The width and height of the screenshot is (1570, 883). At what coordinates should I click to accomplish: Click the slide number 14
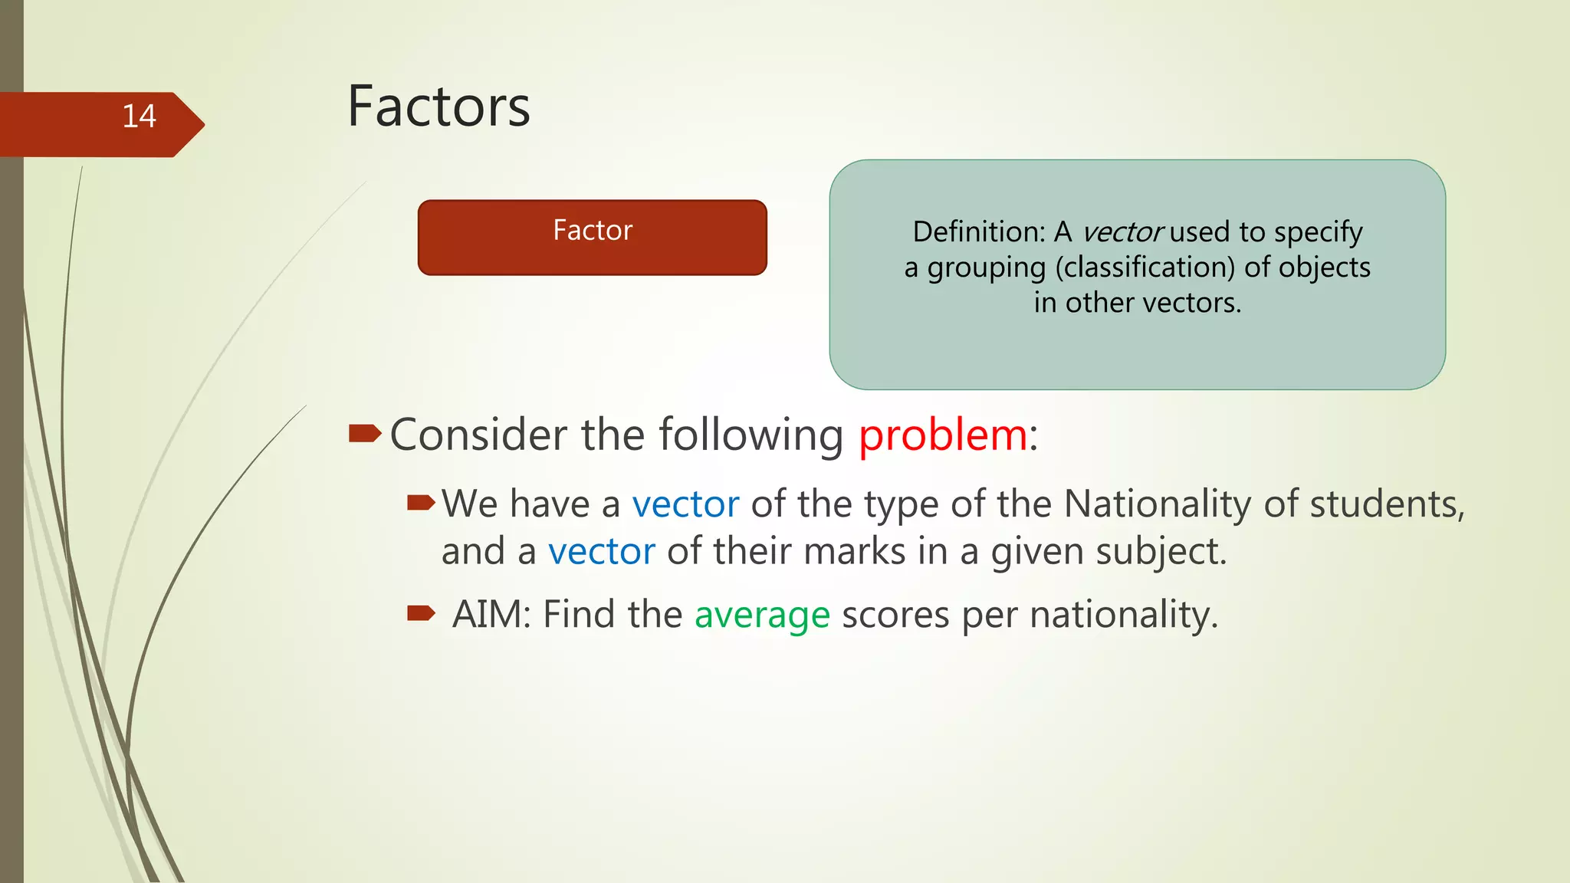139,117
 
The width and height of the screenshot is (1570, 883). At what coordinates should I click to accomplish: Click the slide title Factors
438,107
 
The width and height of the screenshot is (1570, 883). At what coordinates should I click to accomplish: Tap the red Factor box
592,238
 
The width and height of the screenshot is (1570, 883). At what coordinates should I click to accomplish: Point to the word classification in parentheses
1145,268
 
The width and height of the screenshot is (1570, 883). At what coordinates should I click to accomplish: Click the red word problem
942,435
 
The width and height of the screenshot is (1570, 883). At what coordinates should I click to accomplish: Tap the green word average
762,615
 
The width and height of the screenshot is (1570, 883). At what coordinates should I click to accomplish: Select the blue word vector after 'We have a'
685,504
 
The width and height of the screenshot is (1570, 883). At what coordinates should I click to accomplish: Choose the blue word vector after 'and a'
602,552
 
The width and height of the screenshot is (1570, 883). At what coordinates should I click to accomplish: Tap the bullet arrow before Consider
364,435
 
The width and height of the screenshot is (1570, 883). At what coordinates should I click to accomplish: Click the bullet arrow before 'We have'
421,503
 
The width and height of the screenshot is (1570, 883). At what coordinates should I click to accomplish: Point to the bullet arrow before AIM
421,612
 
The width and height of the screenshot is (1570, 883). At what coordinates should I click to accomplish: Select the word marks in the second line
843,552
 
